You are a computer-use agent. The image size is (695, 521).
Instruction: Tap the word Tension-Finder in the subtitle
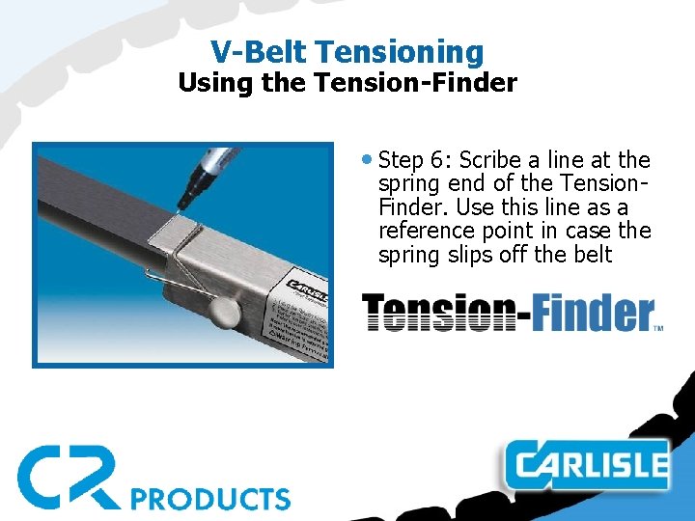click(416, 83)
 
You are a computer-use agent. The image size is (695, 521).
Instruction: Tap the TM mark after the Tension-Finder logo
click(659, 328)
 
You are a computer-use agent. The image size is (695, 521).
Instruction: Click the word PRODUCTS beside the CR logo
click(210, 498)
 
